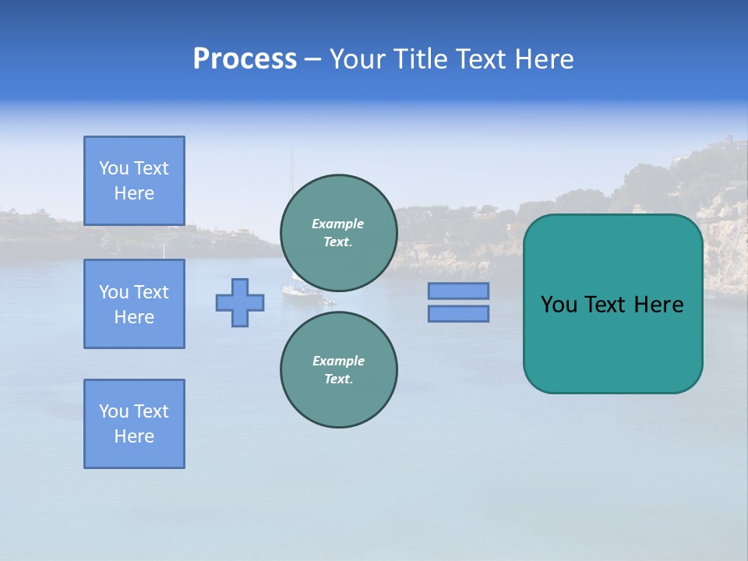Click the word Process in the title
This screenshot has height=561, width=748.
[245, 59]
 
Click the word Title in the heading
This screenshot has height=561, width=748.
[420, 59]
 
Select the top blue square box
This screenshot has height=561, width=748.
[134, 181]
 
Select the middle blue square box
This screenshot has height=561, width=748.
[134, 304]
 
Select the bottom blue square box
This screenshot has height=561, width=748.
[134, 424]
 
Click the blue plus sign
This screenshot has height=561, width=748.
[240, 302]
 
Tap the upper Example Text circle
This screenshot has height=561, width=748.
[338, 233]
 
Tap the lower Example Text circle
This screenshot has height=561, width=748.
[338, 370]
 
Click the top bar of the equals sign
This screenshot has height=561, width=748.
[458, 291]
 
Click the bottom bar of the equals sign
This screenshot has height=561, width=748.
[458, 313]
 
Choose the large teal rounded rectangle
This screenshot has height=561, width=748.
[612, 343]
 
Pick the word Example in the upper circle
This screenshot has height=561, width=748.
[337, 224]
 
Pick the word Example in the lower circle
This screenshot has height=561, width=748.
[337, 361]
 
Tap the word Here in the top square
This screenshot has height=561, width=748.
[134, 193]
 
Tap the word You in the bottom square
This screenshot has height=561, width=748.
[114, 411]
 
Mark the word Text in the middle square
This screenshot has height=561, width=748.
[151, 292]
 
